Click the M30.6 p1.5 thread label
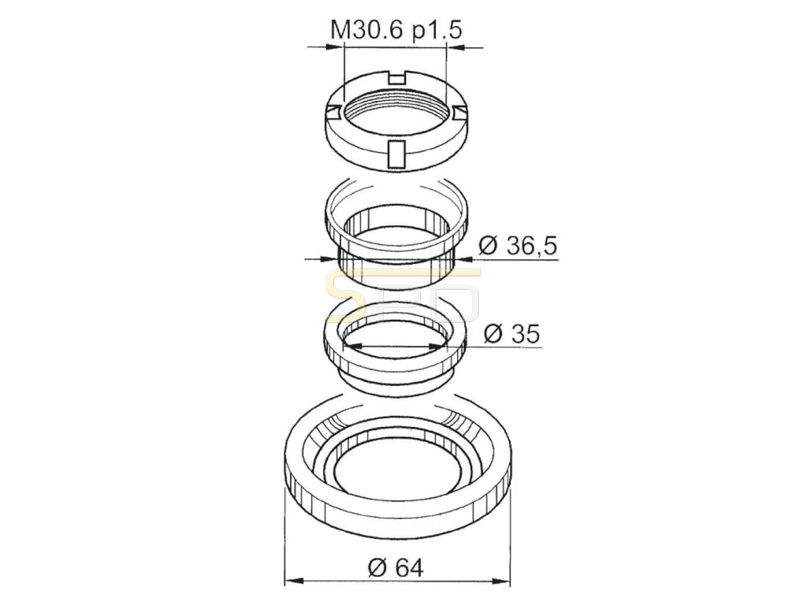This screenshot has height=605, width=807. click(396, 30)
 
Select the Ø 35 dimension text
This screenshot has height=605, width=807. click(512, 334)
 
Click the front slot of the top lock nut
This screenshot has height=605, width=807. click(396, 154)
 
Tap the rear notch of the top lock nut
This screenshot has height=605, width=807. click(396, 78)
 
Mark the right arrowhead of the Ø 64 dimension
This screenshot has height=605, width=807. click(502, 582)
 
